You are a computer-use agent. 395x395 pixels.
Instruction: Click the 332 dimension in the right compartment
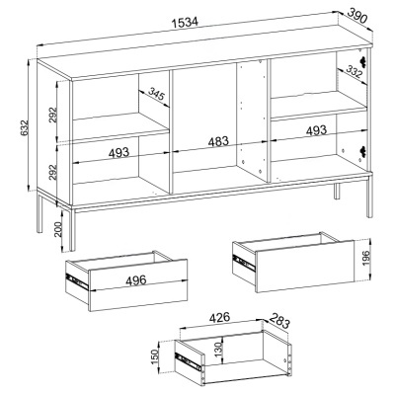tap(355, 72)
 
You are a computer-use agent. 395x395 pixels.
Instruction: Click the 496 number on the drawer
tap(123, 279)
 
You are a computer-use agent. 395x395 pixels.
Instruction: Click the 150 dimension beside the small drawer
tap(154, 355)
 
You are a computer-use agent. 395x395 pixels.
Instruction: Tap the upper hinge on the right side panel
tap(364, 63)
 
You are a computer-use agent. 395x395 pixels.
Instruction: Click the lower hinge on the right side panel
tap(364, 150)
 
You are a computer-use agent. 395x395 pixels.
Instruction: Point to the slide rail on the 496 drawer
tap(72, 280)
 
